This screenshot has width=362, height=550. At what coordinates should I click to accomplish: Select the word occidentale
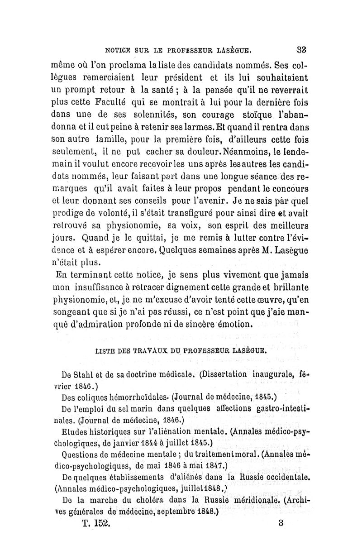(x=277, y=477)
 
